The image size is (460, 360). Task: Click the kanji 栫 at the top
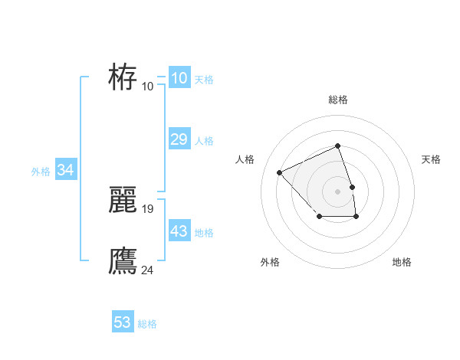123,77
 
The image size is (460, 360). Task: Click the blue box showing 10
179,78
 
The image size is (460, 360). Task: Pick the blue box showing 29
179,139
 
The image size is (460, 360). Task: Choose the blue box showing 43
179,231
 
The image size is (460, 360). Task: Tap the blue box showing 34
65,170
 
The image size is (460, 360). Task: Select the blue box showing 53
123,322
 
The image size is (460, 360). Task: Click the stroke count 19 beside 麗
148,208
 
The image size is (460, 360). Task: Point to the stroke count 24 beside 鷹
148,270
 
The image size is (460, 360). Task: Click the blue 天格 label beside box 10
204,80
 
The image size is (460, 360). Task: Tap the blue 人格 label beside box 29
204,141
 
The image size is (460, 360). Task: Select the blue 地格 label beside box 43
204,233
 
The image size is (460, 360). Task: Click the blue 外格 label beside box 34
41,172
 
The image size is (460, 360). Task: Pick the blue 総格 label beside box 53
147,324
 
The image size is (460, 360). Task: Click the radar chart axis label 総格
337,100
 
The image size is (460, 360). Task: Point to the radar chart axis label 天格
432,159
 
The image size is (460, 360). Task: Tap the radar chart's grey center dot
337,191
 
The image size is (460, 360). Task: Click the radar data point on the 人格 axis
280,172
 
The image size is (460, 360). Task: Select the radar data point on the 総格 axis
337,146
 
